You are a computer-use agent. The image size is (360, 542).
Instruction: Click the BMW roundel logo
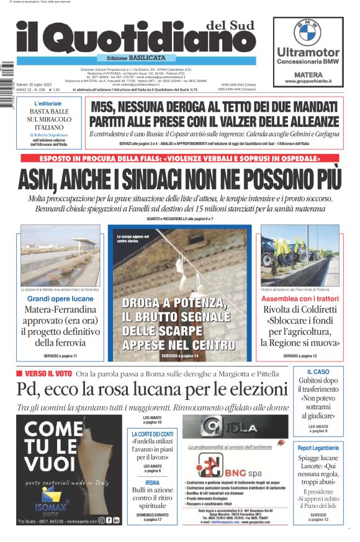(307, 32)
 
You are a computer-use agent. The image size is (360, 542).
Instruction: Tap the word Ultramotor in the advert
(308, 52)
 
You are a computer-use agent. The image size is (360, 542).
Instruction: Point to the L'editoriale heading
(48, 103)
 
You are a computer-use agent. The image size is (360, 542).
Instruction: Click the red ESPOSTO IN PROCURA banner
(179, 159)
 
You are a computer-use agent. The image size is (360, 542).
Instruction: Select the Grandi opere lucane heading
(56, 299)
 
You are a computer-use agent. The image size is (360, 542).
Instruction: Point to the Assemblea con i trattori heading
(300, 299)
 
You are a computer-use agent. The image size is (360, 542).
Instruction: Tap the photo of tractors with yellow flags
(300, 254)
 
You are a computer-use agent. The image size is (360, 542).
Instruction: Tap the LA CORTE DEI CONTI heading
(153, 433)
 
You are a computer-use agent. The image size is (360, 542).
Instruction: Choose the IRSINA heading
(153, 482)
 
